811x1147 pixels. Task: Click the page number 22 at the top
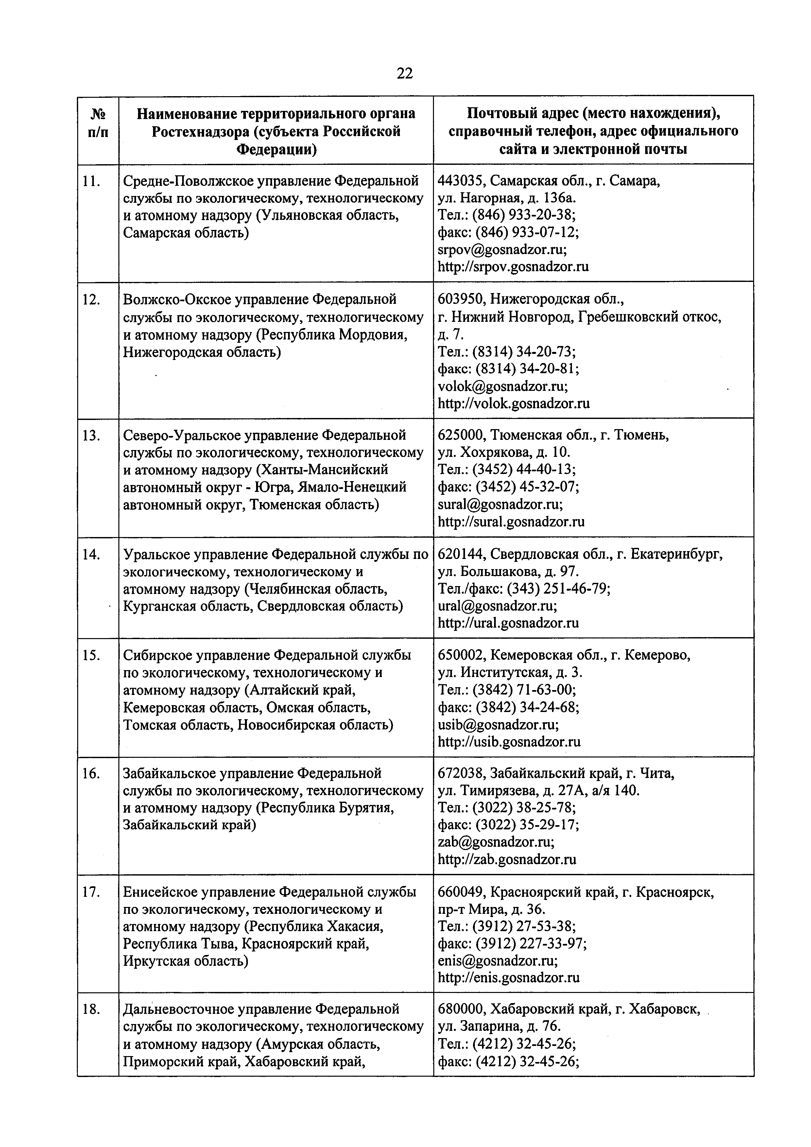[x=405, y=74]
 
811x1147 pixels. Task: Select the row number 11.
[x=92, y=181]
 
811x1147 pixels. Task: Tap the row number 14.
[x=92, y=554]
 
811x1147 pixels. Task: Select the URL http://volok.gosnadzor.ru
[x=513, y=403]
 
